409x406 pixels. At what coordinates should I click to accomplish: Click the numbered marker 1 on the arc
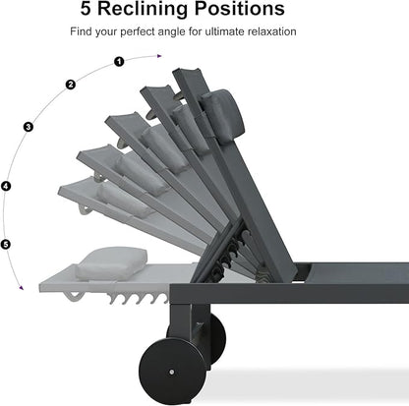[x=119, y=61]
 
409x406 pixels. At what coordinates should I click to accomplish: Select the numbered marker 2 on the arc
[x=71, y=85]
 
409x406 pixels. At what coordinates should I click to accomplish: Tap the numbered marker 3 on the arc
[x=29, y=127]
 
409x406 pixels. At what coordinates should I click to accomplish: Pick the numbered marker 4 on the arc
[x=6, y=186]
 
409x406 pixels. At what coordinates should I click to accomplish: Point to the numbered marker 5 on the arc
[x=6, y=244]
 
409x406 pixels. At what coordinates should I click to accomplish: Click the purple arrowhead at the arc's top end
[x=159, y=56]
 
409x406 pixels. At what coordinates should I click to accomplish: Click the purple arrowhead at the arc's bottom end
[x=22, y=288]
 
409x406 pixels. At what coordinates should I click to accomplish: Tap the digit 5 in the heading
[x=86, y=9]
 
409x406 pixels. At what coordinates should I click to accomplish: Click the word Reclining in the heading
[x=143, y=9]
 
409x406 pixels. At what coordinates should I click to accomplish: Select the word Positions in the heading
[x=240, y=9]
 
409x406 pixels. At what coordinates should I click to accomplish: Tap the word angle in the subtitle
[x=172, y=32]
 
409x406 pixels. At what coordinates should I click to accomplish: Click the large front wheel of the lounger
[x=172, y=372]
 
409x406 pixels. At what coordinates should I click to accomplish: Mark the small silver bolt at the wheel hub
[x=172, y=372]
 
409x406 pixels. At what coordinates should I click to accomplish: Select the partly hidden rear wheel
[x=216, y=337]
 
